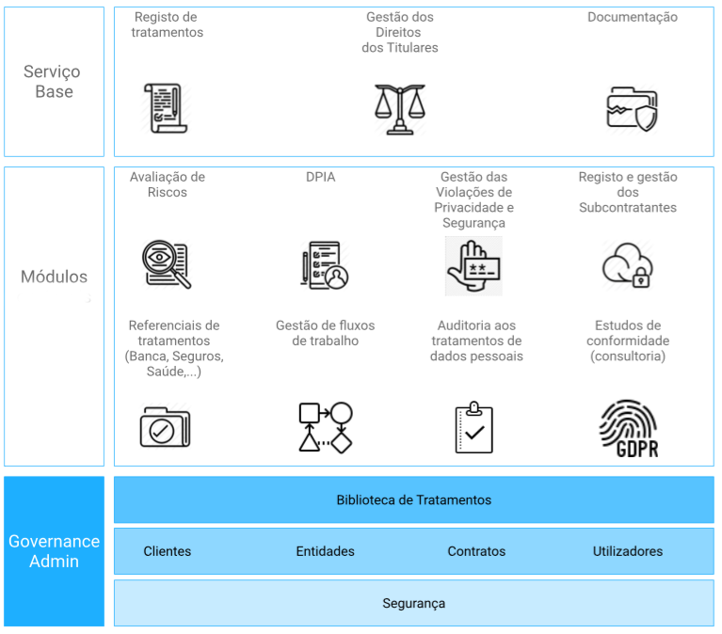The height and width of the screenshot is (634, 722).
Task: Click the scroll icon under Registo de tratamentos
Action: (166, 108)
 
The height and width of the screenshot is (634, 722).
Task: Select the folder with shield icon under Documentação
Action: (632, 109)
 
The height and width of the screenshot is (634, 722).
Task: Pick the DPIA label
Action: (320, 177)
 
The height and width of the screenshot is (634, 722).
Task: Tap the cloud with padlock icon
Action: (627, 264)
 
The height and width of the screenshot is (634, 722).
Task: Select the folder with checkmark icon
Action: (165, 427)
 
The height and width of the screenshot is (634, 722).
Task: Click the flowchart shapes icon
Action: (325, 427)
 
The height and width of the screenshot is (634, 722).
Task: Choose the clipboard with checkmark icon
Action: (473, 427)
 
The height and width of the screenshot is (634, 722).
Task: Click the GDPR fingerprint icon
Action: (628, 429)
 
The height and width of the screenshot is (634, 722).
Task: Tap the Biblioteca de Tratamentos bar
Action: (413, 499)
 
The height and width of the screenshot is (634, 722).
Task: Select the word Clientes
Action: (168, 551)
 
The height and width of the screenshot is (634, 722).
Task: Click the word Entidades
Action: (325, 551)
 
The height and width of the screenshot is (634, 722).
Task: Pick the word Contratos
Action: (476, 551)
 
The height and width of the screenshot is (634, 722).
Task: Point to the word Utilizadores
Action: (628, 551)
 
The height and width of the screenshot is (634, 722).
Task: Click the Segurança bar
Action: (413, 603)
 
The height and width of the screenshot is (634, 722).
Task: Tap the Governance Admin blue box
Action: (54, 551)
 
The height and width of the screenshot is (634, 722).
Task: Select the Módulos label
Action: (54, 277)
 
